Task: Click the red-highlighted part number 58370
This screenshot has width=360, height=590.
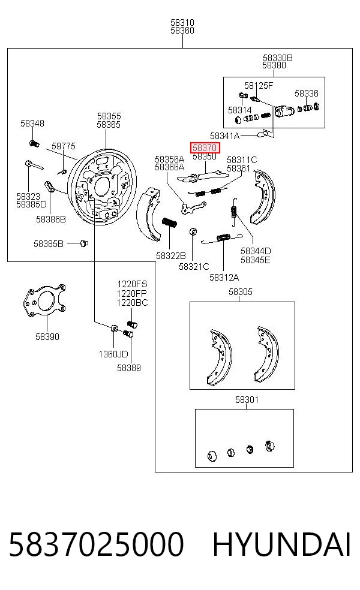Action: (x=205, y=148)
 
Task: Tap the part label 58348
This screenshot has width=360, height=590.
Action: (x=32, y=124)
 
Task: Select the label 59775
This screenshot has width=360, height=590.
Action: (x=64, y=146)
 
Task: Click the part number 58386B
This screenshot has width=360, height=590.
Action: (x=51, y=219)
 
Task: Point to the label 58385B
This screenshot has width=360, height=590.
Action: (x=49, y=244)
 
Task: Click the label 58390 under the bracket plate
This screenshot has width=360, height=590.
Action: (x=47, y=337)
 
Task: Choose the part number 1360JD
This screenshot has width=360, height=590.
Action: (x=113, y=354)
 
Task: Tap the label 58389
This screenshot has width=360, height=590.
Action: (x=129, y=368)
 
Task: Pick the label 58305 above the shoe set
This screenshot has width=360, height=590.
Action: (x=241, y=292)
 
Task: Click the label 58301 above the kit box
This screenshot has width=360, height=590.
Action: (x=247, y=399)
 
